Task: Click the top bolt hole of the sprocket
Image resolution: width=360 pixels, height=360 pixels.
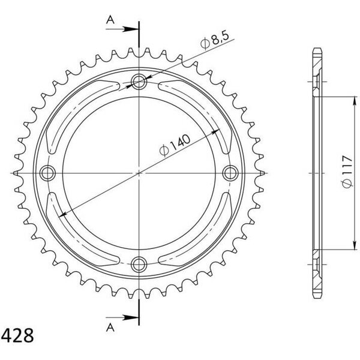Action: [139, 82]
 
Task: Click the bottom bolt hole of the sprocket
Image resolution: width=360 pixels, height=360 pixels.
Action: [139, 264]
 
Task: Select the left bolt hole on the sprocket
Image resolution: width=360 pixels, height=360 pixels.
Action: [47, 173]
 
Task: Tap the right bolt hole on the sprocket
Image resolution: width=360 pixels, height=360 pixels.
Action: [230, 173]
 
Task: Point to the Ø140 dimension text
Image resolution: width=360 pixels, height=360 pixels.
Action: [175, 145]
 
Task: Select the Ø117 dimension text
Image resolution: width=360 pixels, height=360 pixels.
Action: [346, 171]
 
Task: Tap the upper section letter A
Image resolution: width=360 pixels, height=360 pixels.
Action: [110, 20]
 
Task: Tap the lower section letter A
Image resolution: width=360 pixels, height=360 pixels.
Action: [110, 328]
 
